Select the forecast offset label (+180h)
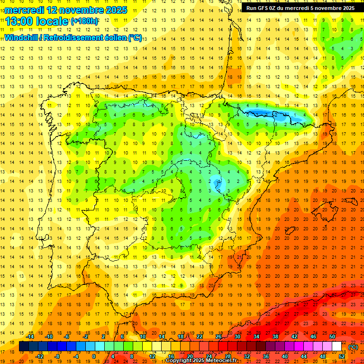coord(84,21)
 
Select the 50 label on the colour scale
coord(332,337)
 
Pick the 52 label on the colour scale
coord(342,356)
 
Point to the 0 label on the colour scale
coord(94,356)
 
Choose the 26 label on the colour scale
coord(218,337)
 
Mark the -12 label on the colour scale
coord(40,356)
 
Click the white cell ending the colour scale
coord(337,346)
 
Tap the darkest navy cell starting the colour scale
coord(24,346)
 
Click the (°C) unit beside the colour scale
coord(353,347)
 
